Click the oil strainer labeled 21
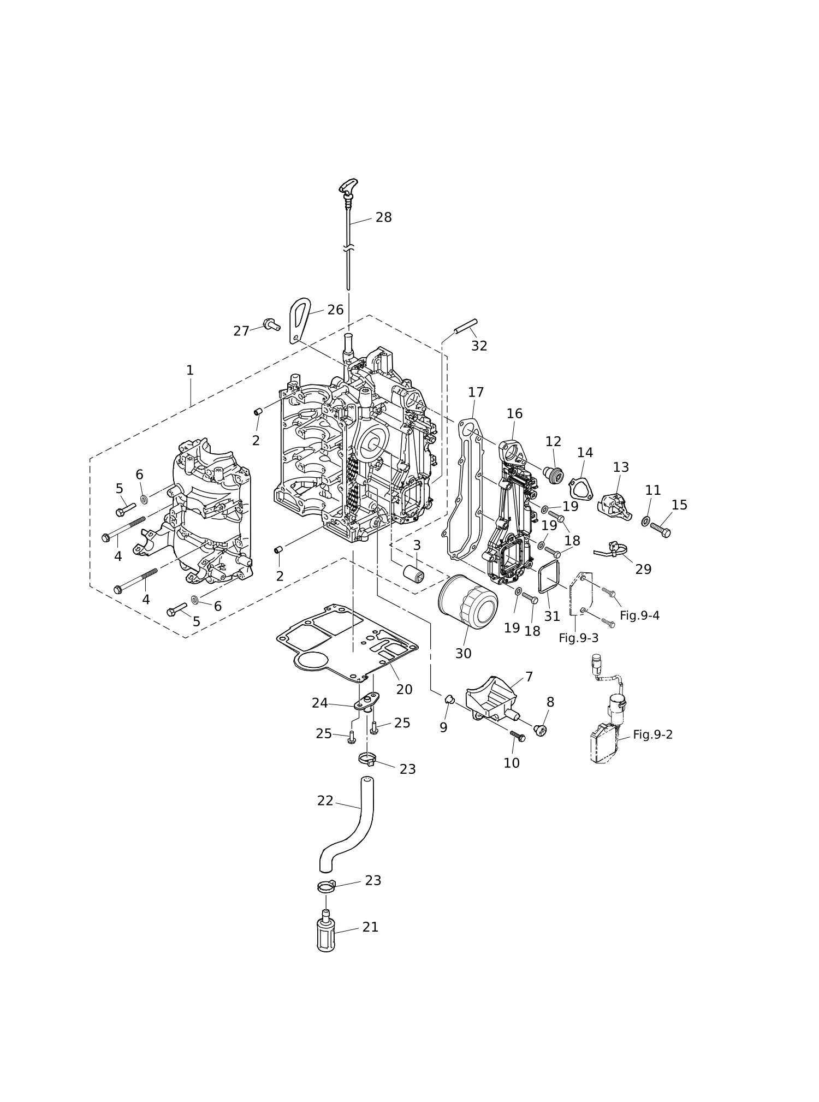pyautogui.click(x=326, y=934)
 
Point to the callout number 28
pyautogui.click(x=383, y=217)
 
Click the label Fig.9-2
pyautogui.click(x=652, y=734)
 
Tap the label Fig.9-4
pyautogui.click(x=639, y=615)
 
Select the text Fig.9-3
pyautogui.click(x=578, y=638)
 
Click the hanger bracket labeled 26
pyautogui.click(x=299, y=321)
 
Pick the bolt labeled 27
pyautogui.click(x=271, y=324)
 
